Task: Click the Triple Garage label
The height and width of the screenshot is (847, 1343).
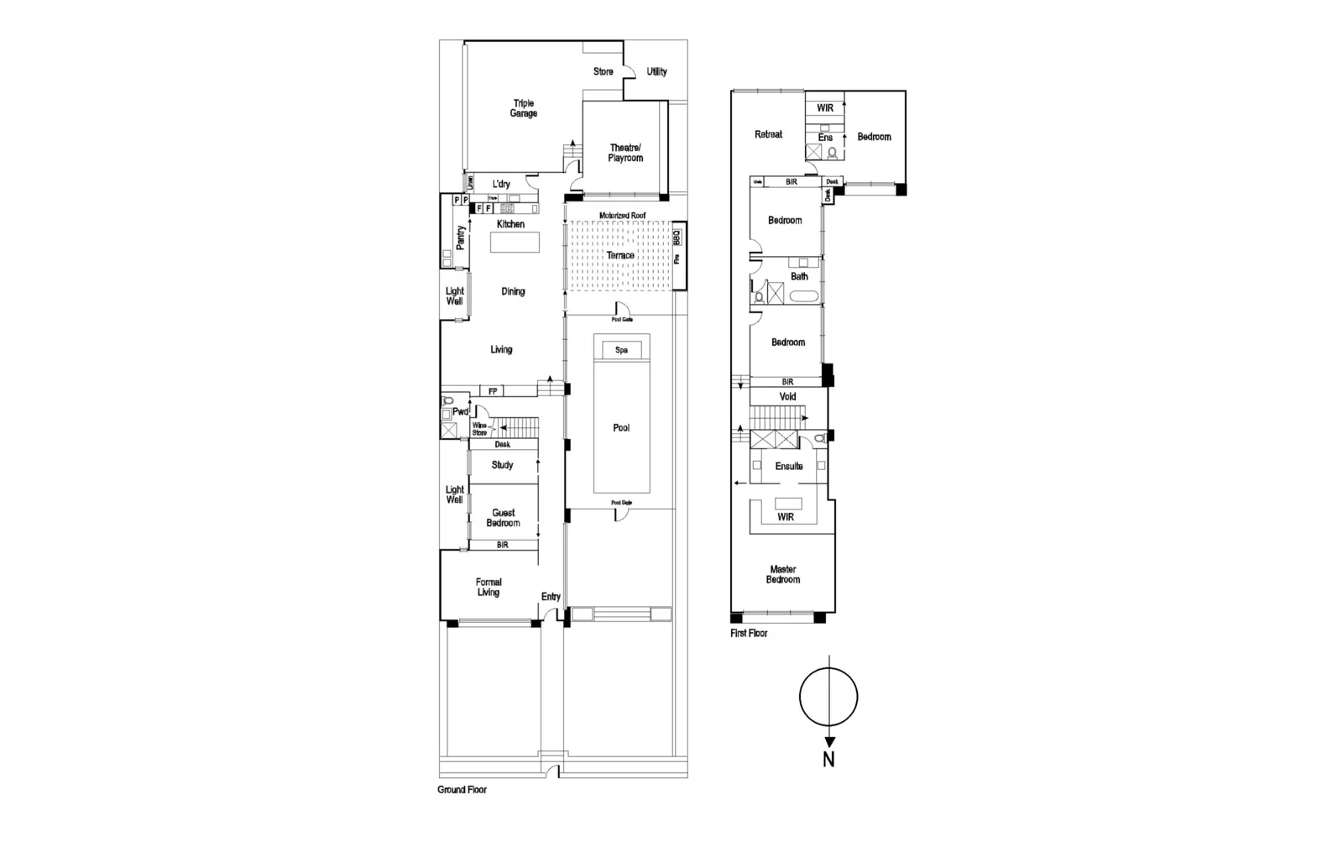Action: click(523, 108)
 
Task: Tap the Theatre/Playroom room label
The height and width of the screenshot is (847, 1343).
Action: click(625, 153)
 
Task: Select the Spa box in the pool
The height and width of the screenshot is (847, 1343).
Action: click(621, 350)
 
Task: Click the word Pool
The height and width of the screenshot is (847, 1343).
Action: click(621, 428)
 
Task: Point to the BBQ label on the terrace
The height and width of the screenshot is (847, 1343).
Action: click(677, 238)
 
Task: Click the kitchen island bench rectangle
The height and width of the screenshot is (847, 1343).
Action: click(515, 242)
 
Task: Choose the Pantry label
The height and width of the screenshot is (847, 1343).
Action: click(460, 238)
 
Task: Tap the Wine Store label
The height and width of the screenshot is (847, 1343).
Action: click(479, 429)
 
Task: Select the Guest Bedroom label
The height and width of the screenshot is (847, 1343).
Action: click(504, 518)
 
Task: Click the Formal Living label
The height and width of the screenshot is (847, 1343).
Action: click(489, 587)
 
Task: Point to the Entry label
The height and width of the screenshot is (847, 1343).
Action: click(551, 597)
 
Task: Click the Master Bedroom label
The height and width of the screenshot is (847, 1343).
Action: click(783, 574)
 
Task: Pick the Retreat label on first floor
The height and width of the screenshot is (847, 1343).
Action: click(768, 134)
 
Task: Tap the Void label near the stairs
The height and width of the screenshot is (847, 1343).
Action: click(787, 396)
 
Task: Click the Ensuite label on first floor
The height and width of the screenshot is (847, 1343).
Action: click(789, 466)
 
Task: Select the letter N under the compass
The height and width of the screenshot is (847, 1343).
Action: click(828, 760)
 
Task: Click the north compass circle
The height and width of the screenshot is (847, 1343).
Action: click(828, 697)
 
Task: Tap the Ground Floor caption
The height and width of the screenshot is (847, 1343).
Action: click(462, 790)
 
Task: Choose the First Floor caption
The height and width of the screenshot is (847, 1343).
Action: click(749, 633)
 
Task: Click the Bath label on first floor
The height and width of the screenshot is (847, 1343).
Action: click(799, 276)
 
